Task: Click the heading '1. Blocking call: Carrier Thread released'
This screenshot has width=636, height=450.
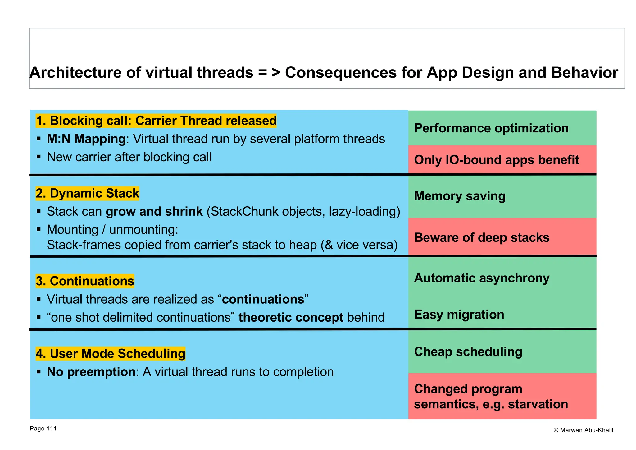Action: [x=156, y=121]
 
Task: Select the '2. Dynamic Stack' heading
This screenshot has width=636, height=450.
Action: [x=87, y=193]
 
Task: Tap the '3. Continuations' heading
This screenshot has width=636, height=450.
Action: [x=85, y=281]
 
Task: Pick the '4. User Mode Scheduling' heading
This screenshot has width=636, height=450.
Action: [x=110, y=354]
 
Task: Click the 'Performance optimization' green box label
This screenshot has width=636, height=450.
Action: [x=491, y=128]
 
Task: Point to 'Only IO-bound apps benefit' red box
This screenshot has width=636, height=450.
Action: [x=496, y=160]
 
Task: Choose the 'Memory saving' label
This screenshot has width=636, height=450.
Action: [x=460, y=196]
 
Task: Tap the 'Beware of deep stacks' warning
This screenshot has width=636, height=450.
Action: [x=482, y=237]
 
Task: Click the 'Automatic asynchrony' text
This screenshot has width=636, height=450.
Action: [x=482, y=278]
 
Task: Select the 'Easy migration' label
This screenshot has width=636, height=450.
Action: [x=459, y=315]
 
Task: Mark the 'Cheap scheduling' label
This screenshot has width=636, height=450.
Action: [x=468, y=352]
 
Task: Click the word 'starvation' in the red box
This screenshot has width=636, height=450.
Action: [x=538, y=404]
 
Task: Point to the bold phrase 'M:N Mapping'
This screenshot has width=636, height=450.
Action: [x=86, y=139]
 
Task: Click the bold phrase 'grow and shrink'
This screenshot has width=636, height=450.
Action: [x=154, y=211]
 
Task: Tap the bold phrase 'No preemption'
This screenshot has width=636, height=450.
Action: [x=91, y=372]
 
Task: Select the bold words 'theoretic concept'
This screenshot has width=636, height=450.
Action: [x=291, y=317]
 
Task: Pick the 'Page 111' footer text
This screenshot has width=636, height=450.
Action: [x=43, y=429]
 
